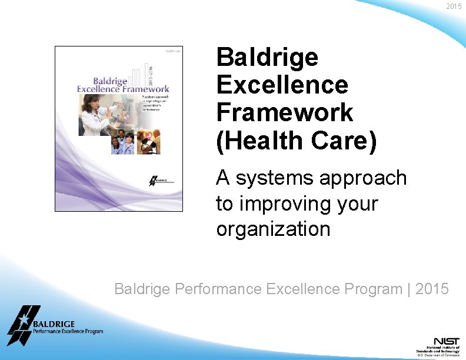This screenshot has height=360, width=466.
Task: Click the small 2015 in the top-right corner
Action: click(x=454, y=6)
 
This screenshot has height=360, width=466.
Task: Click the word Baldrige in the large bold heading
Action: click(x=267, y=58)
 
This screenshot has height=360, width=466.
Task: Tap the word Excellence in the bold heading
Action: click(x=282, y=85)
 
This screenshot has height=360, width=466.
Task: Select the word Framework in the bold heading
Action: click(x=285, y=112)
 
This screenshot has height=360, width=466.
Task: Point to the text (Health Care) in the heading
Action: click(x=296, y=142)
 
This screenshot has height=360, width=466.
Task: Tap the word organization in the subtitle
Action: click(x=273, y=229)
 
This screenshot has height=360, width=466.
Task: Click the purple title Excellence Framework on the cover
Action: click(x=123, y=89)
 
